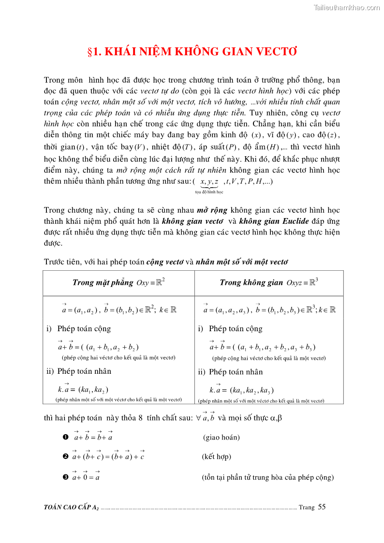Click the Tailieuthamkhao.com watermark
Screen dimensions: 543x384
[346, 7]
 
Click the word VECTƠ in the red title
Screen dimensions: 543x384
[275, 52]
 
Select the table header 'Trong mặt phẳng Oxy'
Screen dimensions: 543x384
[118, 282]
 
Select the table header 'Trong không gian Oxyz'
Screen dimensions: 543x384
[268, 282]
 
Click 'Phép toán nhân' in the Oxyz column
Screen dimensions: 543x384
[236, 372]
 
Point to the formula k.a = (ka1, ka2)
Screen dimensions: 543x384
[83, 389]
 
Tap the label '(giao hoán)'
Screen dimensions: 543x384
[222, 438]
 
